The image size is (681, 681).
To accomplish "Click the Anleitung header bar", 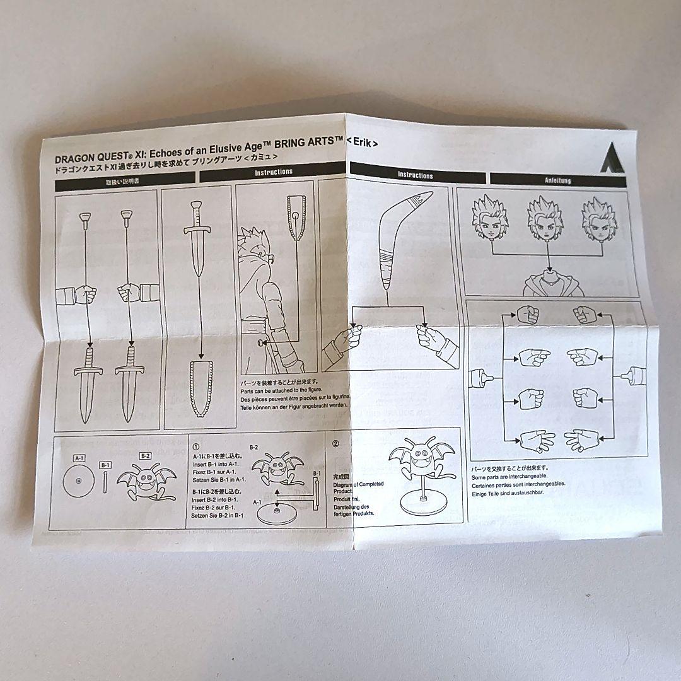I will (557, 180).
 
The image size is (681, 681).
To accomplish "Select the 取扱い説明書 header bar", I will (125, 181).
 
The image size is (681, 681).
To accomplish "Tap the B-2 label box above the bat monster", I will (145, 456).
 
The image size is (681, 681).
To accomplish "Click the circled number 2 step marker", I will (335, 443).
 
